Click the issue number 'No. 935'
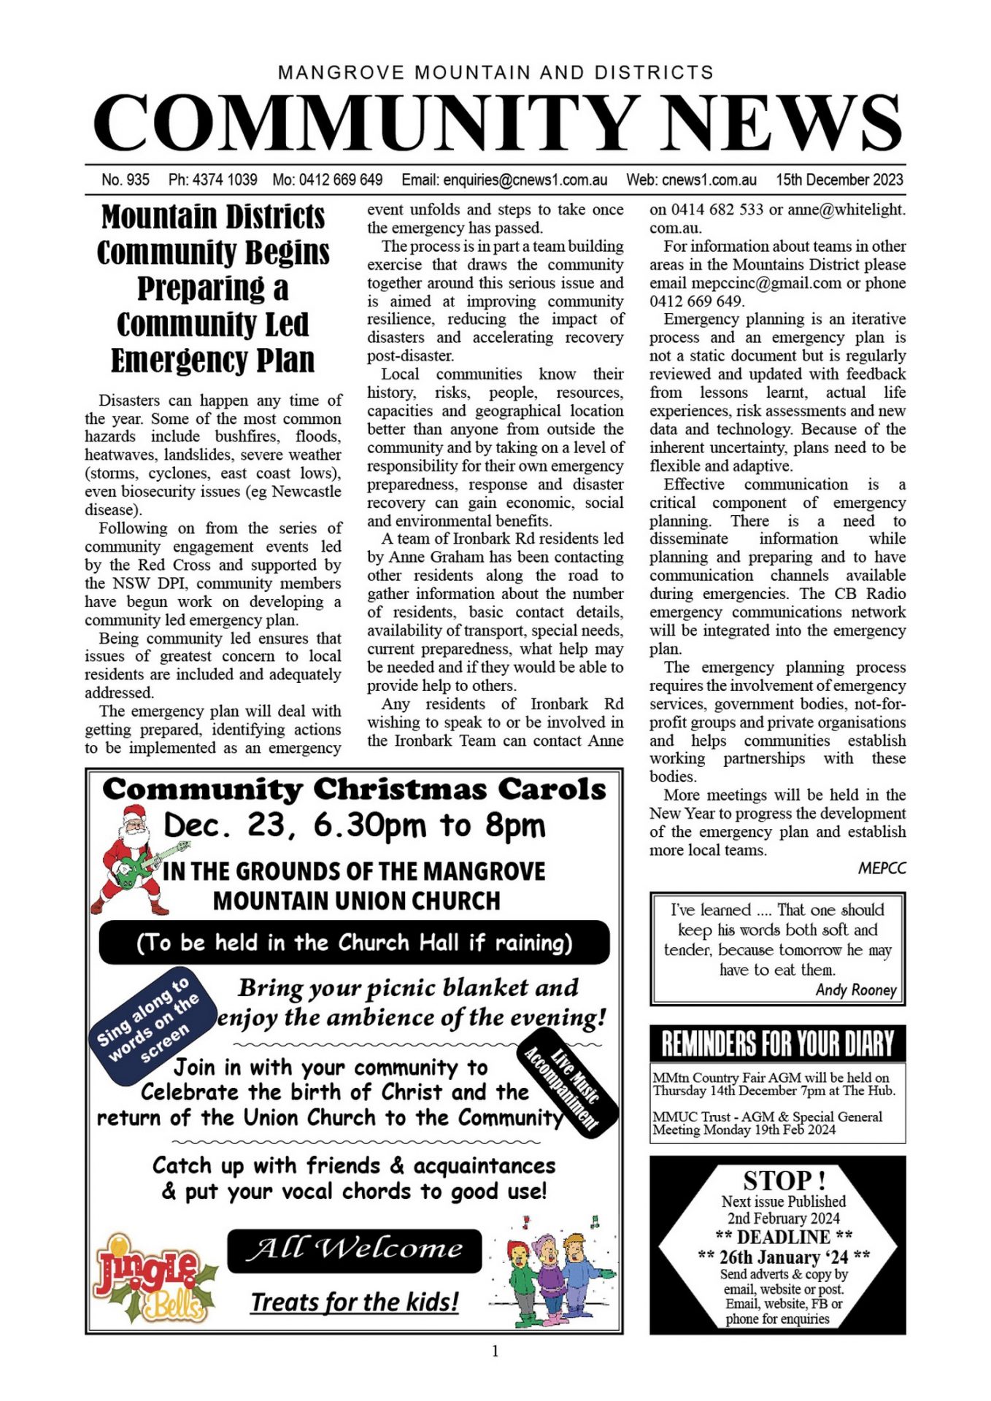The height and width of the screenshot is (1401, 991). (x=126, y=180)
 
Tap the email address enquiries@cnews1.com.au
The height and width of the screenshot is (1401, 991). (x=504, y=180)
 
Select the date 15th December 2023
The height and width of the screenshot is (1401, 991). (x=839, y=180)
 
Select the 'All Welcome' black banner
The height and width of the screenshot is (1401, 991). (x=355, y=1250)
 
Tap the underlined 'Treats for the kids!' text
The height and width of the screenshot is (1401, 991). (x=355, y=1302)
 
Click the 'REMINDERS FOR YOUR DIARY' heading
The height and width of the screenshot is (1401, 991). (x=777, y=1043)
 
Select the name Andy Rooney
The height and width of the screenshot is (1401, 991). (x=856, y=990)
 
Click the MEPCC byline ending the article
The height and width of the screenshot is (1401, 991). (x=882, y=868)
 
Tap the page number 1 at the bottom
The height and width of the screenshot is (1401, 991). (x=495, y=1351)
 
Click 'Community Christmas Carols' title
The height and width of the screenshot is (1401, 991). (x=355, y=790)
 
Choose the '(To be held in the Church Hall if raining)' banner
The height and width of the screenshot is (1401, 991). (x=355, y=943)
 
